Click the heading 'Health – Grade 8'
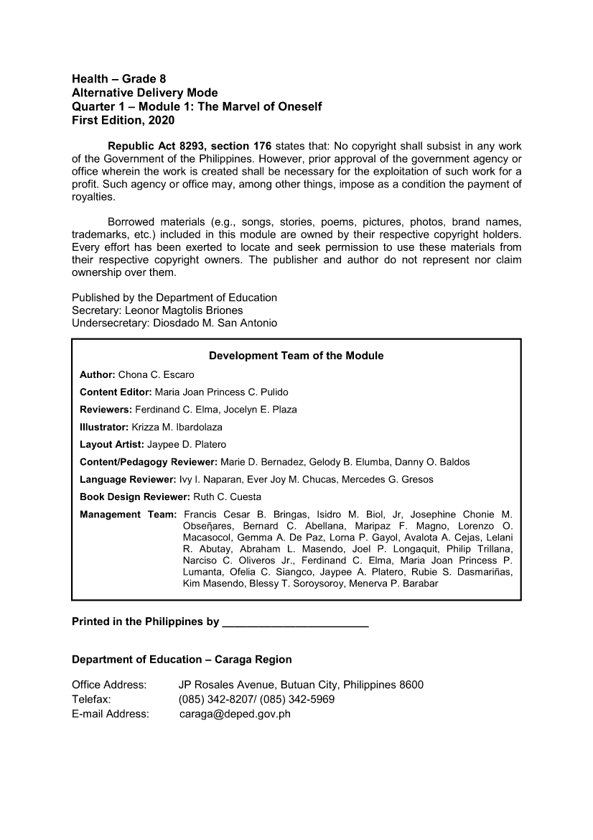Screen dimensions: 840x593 (119, 78)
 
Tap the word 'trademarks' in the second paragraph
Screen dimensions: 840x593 (98, 234)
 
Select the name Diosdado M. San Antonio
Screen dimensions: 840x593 (220, 323)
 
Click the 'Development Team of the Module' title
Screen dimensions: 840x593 (296, 356)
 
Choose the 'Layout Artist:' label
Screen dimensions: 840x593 (112, 445)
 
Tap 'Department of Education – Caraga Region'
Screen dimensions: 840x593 (182, 660)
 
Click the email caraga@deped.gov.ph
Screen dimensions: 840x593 (234, 714)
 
